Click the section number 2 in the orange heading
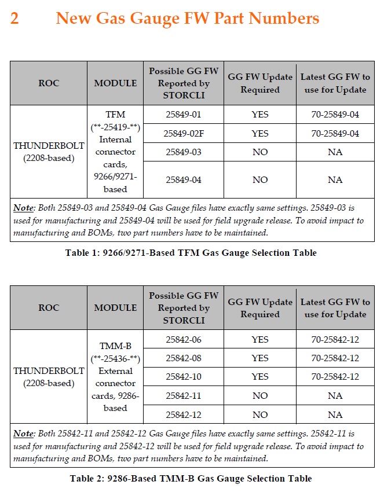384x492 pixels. click(14, 19)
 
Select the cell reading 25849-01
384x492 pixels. click(183, 115)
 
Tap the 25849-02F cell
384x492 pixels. click(183, 134)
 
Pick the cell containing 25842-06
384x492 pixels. click(183, 339)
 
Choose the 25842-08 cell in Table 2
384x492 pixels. click(183, 358)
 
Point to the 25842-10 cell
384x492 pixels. click(183, 377)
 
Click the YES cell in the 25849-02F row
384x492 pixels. click(260, 134)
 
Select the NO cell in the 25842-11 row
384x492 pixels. click(260, 396)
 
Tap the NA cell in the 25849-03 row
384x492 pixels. click(335, 152)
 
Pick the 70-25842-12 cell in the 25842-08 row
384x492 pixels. click(335, 358)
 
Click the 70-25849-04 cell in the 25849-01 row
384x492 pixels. click(335, 115)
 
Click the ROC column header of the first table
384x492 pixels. click(49, 83)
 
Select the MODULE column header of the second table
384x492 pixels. click(115, 308)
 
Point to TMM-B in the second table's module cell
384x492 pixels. click(115, 346)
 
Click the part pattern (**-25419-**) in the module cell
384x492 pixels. click(115, 127)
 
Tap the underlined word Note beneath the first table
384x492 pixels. click(24, 208)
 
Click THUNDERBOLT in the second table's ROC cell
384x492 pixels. click(49, 371)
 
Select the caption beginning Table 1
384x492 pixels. click(191, 253)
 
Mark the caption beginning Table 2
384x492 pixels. click(191, 478)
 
